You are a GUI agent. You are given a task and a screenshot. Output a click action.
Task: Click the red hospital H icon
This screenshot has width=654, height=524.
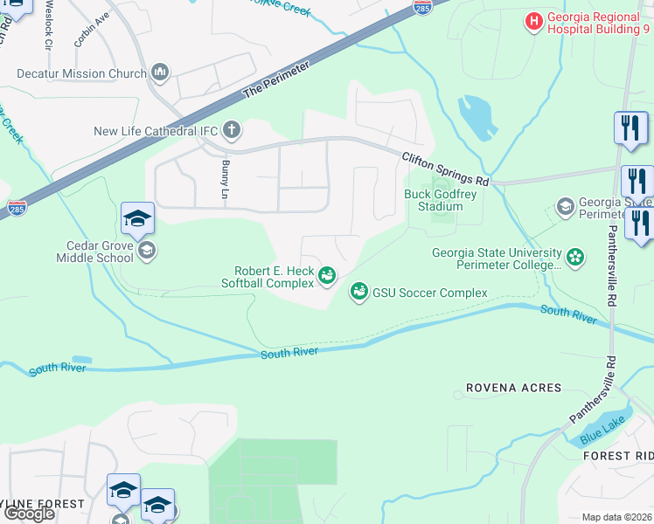coord(532,20)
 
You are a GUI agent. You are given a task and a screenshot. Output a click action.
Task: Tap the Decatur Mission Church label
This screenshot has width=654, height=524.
coord(81,73)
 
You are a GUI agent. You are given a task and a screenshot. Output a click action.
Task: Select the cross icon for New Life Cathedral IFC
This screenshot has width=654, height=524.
coord(232,131)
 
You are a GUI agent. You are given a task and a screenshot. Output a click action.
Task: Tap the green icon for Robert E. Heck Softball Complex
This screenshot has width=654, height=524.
coord(327,277)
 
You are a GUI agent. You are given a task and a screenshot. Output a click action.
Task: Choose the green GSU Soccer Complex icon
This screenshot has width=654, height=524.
coord(358,293)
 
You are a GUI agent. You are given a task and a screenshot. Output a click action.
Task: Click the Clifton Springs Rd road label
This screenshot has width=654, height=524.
coord(445,169)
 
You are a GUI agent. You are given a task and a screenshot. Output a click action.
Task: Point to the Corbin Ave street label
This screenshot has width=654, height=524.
coord(92,31)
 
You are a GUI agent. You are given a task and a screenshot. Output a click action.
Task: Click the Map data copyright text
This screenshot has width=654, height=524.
coord(616,517)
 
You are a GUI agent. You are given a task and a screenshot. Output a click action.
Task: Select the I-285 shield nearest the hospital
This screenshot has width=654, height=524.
coord(422,8)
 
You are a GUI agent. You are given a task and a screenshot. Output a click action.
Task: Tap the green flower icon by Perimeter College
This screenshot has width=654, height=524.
coord(574,257)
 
